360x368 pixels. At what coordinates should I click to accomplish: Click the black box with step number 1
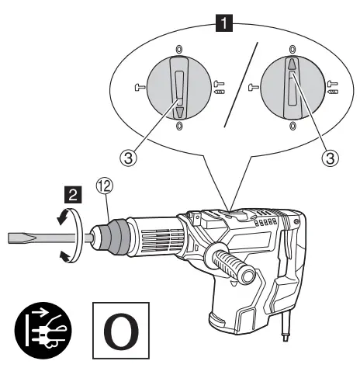coord(226,24)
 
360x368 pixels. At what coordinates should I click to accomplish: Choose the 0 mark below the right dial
coord(292,126)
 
